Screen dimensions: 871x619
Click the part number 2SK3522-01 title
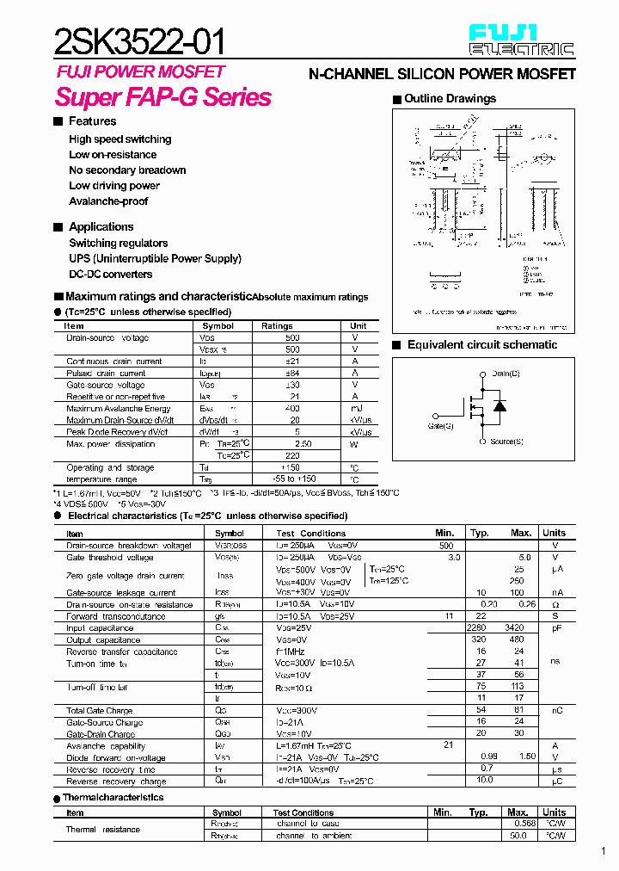141,40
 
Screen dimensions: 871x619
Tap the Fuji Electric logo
521,40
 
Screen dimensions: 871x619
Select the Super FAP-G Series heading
163,97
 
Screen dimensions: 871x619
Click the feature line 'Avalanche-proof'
108,201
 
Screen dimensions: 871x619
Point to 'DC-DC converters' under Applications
110,275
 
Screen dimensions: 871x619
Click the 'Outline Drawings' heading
450,99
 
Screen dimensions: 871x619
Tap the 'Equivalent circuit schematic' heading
481,345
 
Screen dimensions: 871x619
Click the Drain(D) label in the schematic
506,374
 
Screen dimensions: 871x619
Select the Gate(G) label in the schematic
440,425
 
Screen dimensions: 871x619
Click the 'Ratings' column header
277,326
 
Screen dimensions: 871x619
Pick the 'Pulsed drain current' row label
106,374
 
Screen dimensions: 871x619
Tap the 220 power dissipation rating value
292,455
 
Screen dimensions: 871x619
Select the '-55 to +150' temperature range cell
292,479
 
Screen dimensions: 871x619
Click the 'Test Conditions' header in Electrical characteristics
310,534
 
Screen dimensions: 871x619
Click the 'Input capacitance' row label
100,628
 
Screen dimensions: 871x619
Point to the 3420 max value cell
515,628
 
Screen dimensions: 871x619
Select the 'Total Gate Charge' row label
100,711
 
